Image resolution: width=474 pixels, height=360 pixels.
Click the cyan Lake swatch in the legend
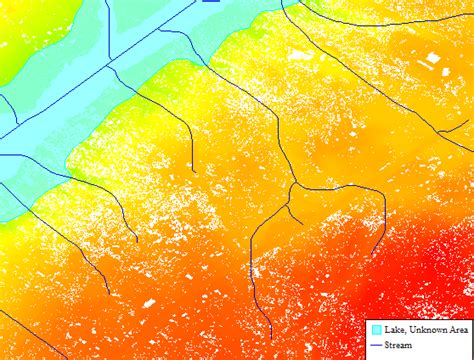click(x=375, y=329)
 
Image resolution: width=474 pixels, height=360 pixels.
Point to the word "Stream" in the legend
click(x=398, y=344)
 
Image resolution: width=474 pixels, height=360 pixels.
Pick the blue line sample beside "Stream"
click(x=376, y=344)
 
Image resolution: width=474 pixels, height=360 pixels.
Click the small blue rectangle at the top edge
click(x=210, y=2)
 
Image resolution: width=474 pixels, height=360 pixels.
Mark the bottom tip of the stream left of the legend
click(x=271, y=337)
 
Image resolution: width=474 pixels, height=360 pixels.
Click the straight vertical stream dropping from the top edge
click(x=110, y=30)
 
